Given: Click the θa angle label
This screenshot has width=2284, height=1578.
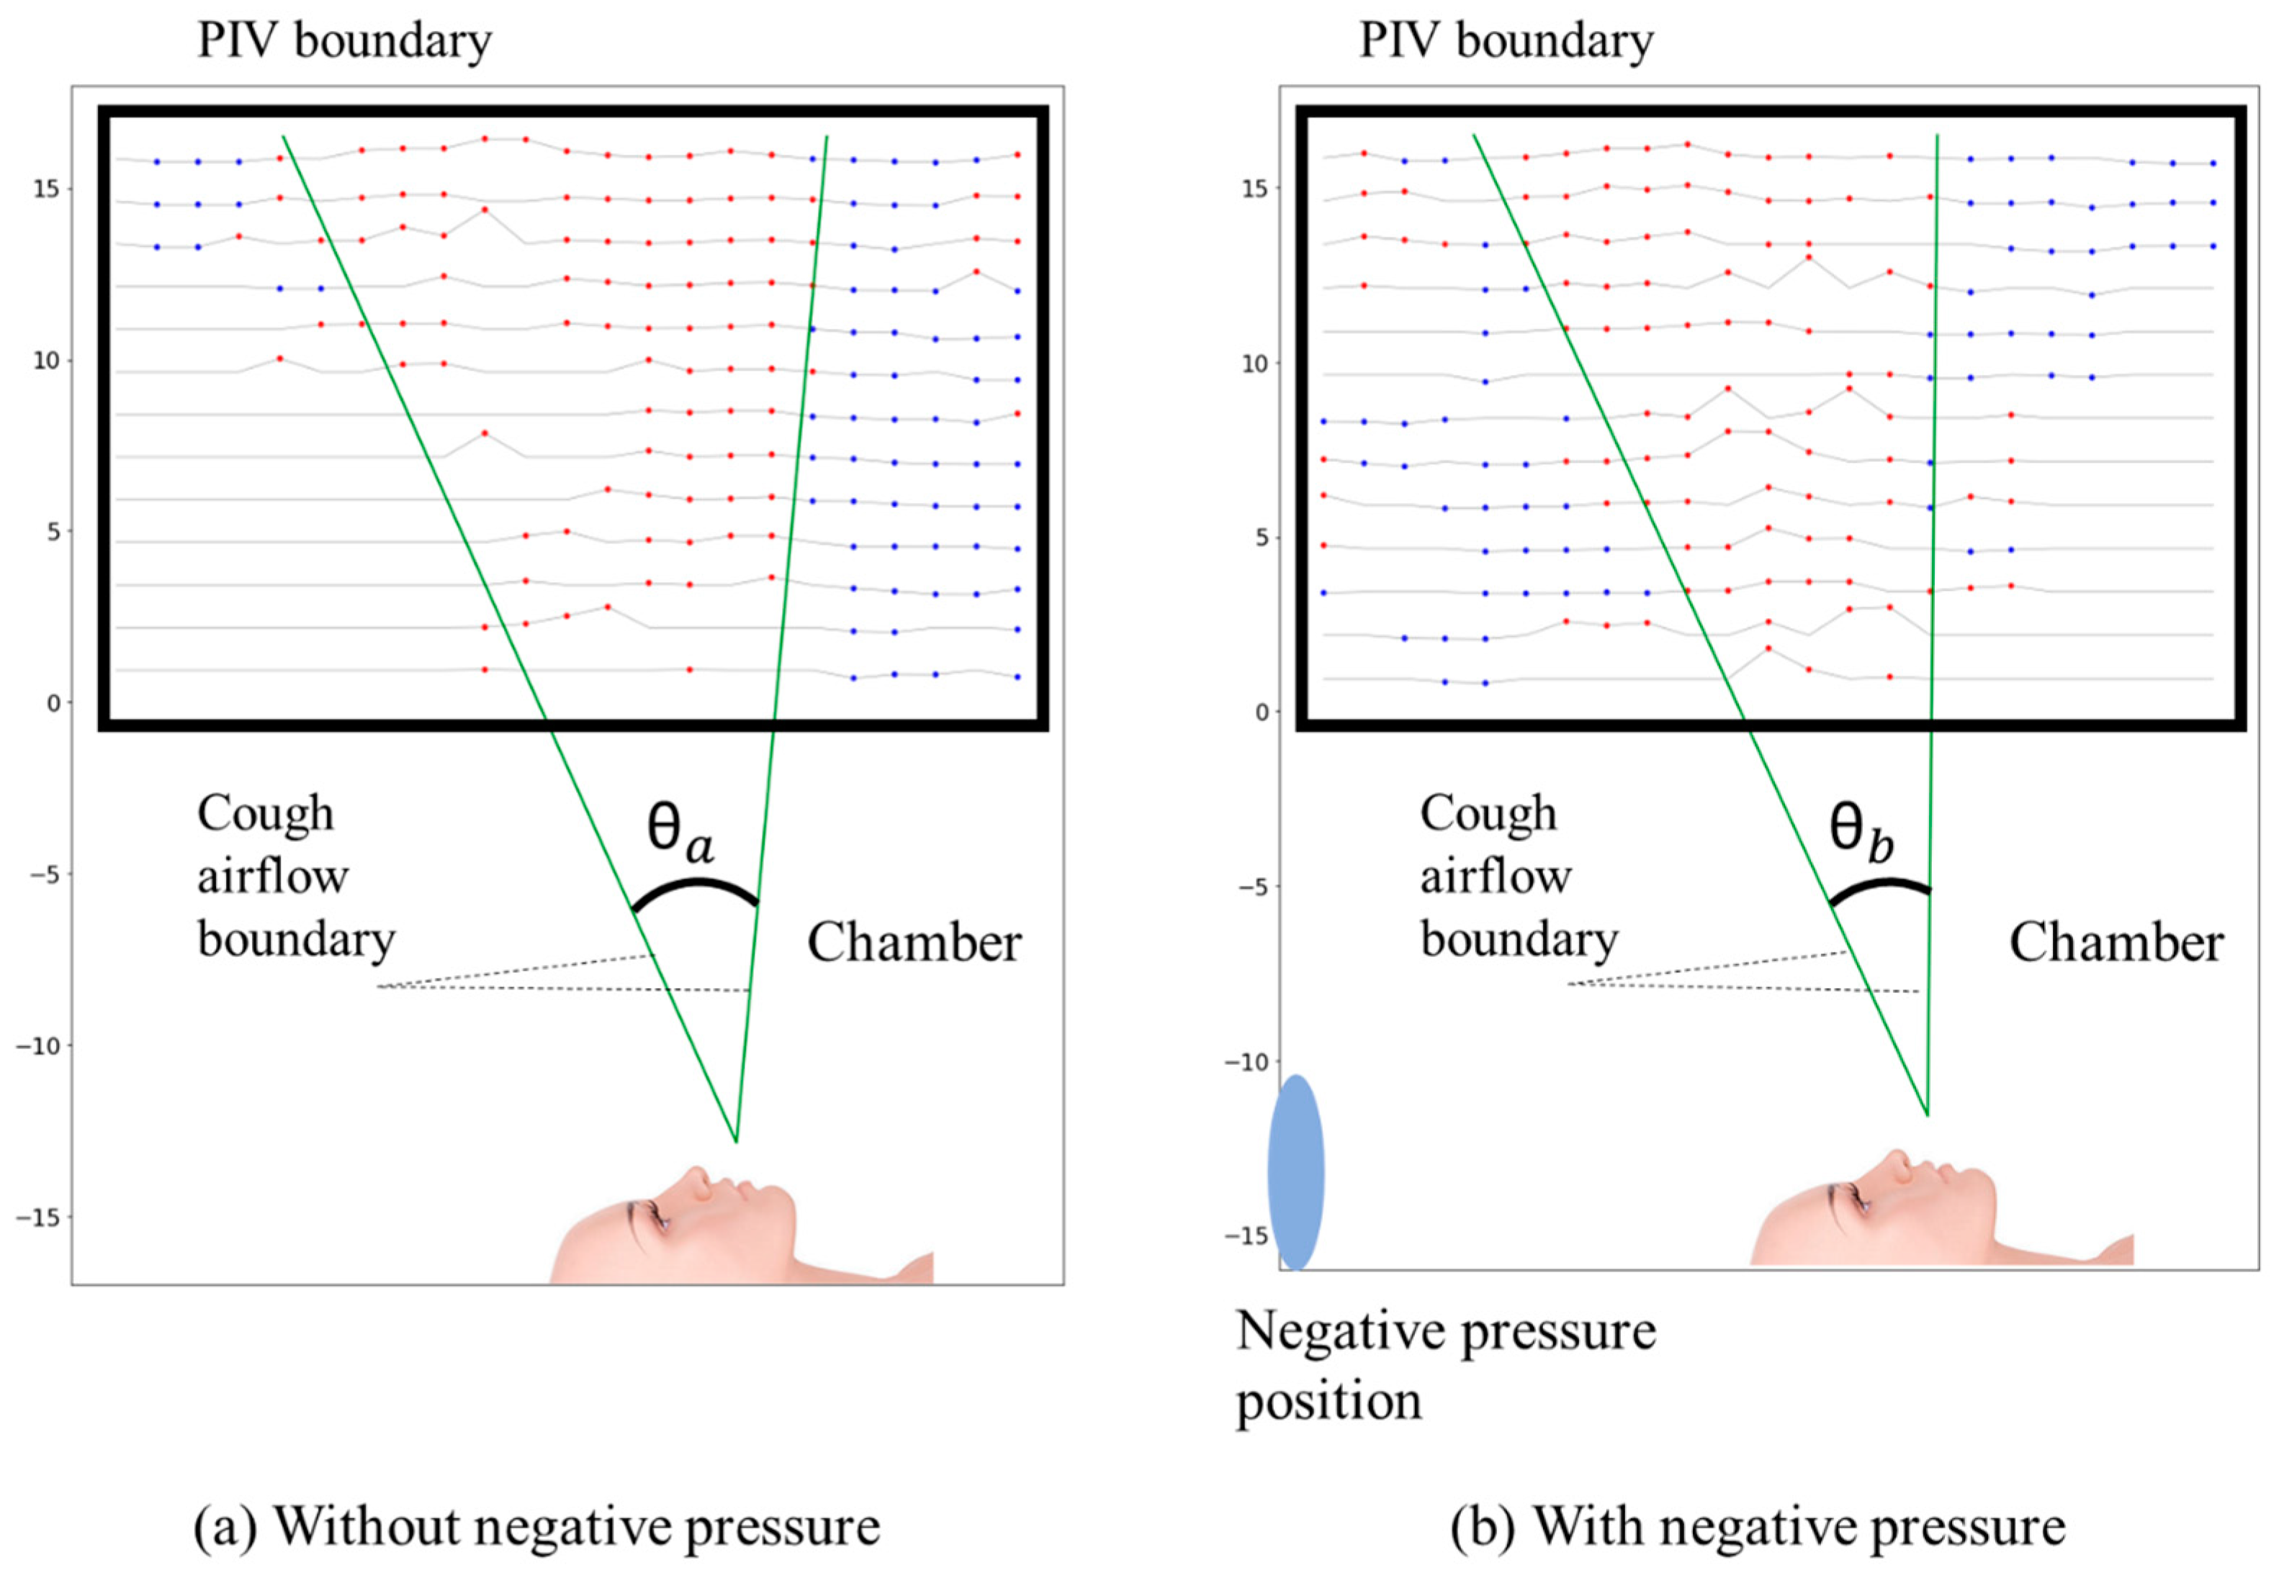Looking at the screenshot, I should (x=680, y=830).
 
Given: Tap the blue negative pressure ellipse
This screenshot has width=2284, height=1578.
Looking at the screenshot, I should (x=1296, y=1171).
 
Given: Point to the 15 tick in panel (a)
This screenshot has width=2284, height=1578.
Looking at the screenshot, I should (x=47, y=189).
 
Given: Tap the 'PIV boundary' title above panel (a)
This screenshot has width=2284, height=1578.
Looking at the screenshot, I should (x=344, y=40).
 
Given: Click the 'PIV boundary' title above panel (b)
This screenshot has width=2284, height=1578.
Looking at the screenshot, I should (x=1506, y=40).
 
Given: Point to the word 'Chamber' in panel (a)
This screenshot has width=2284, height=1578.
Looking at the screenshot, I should (x=914, y=941).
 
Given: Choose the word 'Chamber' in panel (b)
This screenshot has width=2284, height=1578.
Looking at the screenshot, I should (x=2116, y=941).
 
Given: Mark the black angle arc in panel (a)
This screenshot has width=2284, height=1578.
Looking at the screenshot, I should (x=696, y=887).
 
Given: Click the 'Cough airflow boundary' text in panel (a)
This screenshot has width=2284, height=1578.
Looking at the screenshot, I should (x=295, y=876).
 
